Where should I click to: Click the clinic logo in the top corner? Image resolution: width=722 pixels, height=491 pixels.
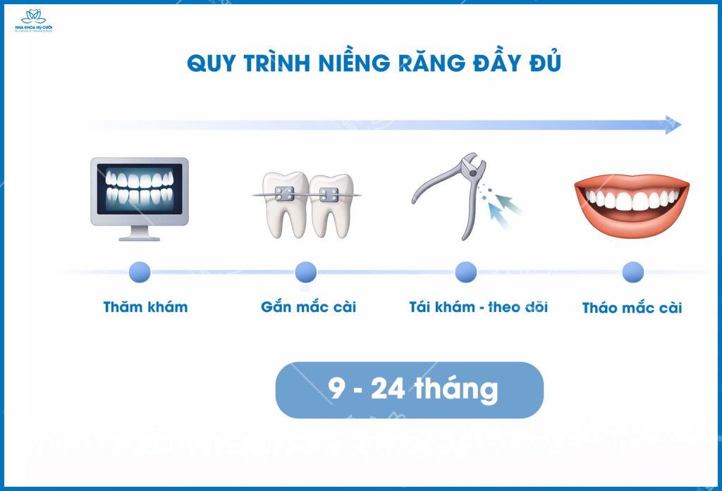(x=34, y=20)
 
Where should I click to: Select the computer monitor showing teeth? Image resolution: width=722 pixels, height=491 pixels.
(x=140, y=192)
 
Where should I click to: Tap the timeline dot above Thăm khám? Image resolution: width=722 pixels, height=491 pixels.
(x=140, y=272)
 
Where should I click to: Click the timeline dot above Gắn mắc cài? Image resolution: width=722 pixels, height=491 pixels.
(x=306, y=272)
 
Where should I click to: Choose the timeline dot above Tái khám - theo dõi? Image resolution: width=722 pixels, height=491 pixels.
(x=465, y=272)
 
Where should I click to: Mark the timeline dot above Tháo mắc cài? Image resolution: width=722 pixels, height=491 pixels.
(x=632, y=272)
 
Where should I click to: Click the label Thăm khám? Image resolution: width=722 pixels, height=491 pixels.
(x=145, y=307)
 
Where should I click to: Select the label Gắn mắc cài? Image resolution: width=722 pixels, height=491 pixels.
(x=308, y=307)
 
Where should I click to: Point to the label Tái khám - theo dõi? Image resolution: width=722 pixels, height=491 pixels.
(x=478, y=307)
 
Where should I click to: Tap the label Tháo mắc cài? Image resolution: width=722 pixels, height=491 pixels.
(x=632, y=308)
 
